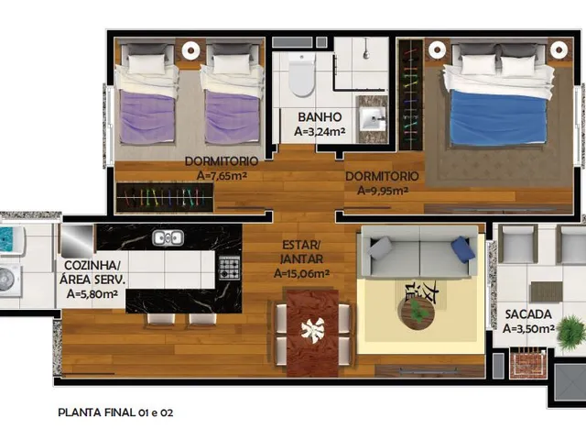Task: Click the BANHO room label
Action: click(320, 117)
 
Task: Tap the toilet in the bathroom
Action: click(301, 75)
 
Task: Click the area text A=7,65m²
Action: click(222, 176)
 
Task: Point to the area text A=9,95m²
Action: click(383, 191)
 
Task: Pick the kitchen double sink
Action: click(168, 238)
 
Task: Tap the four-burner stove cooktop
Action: click(229, 268)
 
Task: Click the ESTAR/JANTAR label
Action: click(302, 252)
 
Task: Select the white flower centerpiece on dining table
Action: click(313, 330)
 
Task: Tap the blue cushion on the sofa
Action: click(462, 248)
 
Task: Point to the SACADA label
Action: click(528, 314)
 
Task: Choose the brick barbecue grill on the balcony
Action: click(527, 362)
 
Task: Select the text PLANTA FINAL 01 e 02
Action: click(115, 412)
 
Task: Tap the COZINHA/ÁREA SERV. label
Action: click(92, 272)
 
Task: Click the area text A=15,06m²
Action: click(301, 274)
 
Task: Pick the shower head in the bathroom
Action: click(366, 53)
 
